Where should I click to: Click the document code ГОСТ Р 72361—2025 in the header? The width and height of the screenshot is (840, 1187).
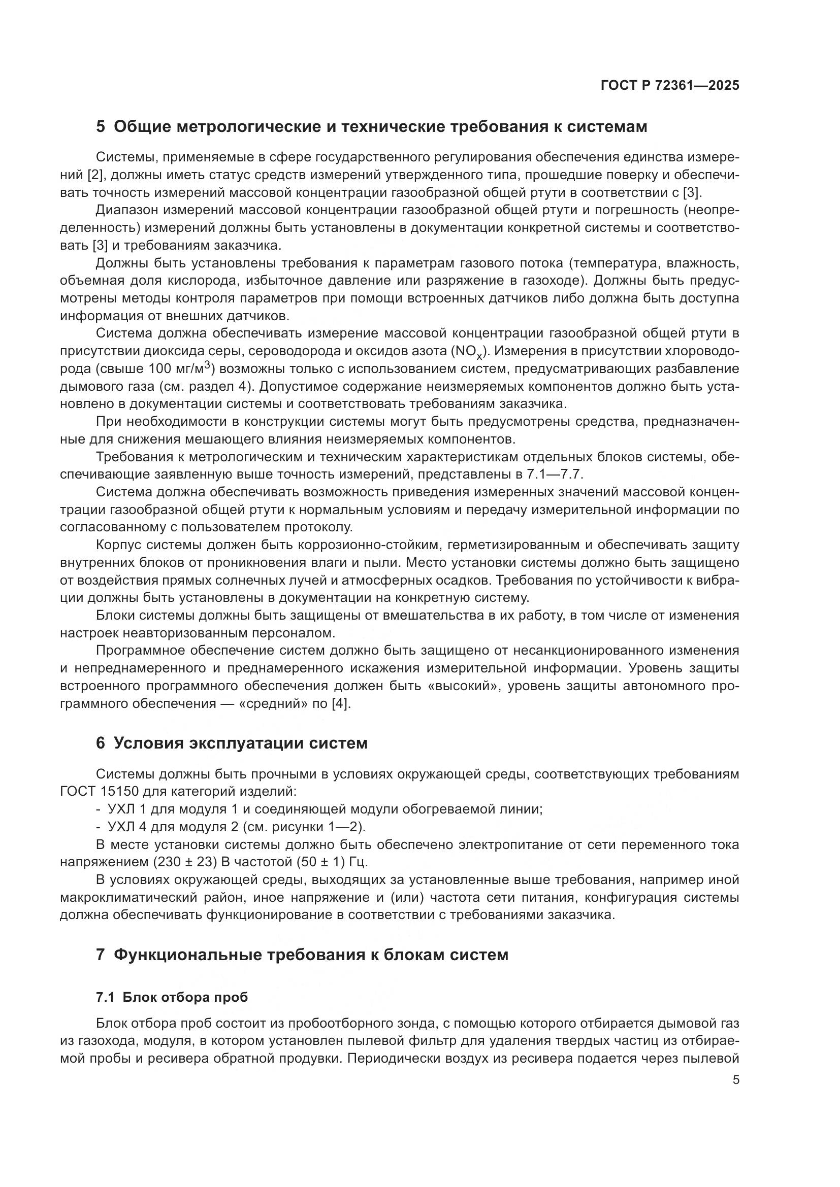click(670, 85)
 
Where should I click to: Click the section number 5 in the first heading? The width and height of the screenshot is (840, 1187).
click(101, 127)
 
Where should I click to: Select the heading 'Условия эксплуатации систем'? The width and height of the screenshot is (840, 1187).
click(240, 743)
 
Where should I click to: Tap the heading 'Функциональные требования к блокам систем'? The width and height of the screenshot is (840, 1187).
click(310, 955)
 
